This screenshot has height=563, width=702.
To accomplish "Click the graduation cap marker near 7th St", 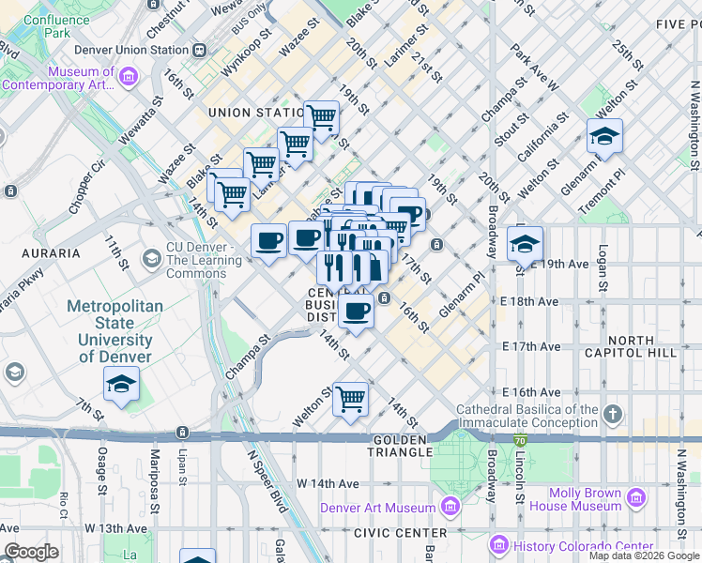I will pyautogui.click(x=121, y=385).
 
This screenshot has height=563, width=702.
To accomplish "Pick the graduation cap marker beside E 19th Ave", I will pyautogui.click(x=525, y=244).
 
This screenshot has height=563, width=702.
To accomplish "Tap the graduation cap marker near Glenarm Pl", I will pyautogui.click(x=605, y=137).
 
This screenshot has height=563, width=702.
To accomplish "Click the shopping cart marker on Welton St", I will pyautogui.click(x=350, y=399).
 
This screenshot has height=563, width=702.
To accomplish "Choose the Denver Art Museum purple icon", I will pyautogui.click(x=450, y=508).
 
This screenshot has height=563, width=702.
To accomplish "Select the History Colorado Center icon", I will pyautogui.click(x=499, y=545).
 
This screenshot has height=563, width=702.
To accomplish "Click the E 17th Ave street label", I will pyautogui.click(x=530, y=346).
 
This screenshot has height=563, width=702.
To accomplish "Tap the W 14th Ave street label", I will pyautogui.click(x=328, y=483).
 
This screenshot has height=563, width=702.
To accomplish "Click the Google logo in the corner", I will pyautogui.click(x=32, y=552).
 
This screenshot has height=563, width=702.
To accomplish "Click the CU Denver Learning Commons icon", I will pyautogui.click(x=151, y=257).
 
